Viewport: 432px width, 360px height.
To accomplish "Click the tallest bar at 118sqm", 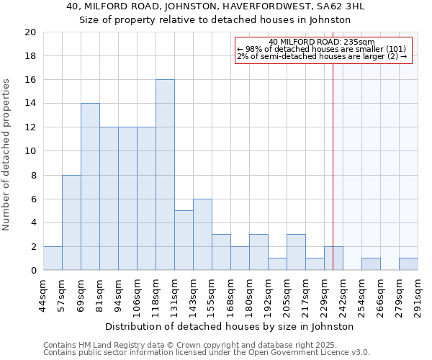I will pos(165,175).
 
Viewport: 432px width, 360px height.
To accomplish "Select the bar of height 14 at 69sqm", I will pos(90,187).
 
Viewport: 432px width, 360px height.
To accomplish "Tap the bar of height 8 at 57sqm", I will pos(71,222).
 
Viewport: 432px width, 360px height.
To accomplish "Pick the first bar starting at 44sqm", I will pos(53,258).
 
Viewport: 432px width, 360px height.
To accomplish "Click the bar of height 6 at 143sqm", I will pos(202,235).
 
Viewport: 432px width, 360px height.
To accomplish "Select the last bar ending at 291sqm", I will pos(408,264).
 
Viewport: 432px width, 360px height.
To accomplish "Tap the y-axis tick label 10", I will pos(30,151).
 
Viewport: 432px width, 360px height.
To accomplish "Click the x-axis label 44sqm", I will pos(43,294).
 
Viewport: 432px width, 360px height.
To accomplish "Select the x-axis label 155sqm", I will pos(212,294).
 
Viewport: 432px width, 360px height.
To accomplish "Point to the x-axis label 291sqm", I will pos(418,294).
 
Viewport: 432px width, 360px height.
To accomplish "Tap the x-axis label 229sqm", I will pos(324,294).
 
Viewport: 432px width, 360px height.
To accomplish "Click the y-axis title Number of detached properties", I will pos(6,155).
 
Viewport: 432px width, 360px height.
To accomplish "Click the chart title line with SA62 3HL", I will pos(215,6).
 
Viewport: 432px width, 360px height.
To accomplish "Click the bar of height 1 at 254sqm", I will pos(371,264).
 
